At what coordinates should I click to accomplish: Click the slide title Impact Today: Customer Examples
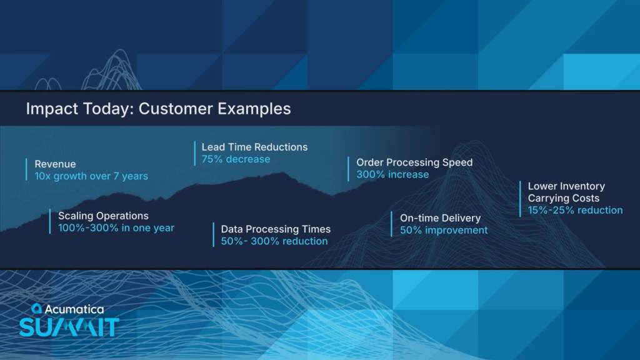(x=158, y=109)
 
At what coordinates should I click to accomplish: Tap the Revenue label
(x=55, y=164)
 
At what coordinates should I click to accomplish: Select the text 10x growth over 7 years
(x=91, y=176)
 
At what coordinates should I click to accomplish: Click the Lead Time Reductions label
(x=255, y=147)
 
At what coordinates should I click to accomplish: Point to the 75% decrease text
(x=236, y=159)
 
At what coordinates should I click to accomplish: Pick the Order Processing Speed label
(x=415, y=162)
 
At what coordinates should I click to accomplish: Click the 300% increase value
(x=392, y=175)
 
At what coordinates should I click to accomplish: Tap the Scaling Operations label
(x=103, y=216)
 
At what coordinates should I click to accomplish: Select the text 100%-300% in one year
(x=116, y=227)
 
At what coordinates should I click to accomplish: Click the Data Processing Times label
(x=276, y=229)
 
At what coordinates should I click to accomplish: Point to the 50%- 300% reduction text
(x=274, y=241)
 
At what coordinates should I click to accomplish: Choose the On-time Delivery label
(x=441, y=218)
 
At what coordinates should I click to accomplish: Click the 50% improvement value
(x=444, y=230)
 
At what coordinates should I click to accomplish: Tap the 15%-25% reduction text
(x=576, y=210)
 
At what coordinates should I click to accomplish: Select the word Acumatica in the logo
(x=74, y=309)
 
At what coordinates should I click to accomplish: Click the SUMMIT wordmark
(x=69, y=327)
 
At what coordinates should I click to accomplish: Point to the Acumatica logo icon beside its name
(x=37, y=308)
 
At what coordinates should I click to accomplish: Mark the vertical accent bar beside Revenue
(x=26, y=169)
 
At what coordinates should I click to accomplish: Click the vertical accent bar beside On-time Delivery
(x=391, y=224)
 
